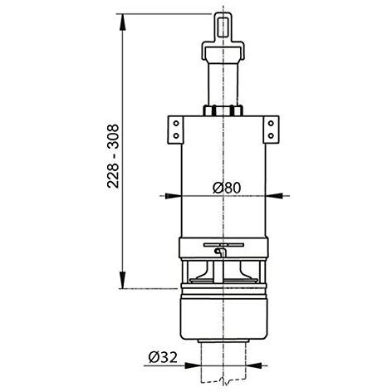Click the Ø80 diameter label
pos(227,188)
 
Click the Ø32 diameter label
pos(163,357)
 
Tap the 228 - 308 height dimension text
pos(113,156)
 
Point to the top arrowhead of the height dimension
pos(122,22)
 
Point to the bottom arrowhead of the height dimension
pos(122,280)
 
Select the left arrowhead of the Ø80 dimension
pos(173,196)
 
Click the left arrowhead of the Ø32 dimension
pos(192,365)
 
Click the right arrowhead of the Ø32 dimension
pos(254,365)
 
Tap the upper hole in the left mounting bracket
pos(176,123)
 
